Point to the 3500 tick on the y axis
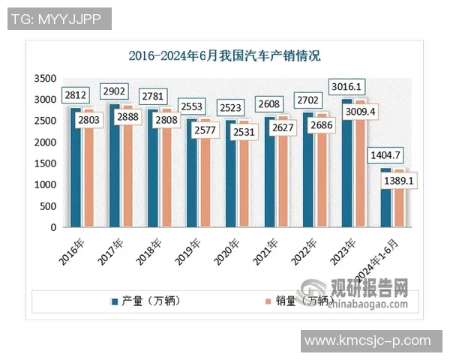click(46, 78)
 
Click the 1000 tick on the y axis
click(46, 184)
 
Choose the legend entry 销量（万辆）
click(296, 301)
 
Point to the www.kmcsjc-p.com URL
click(367, 340)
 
